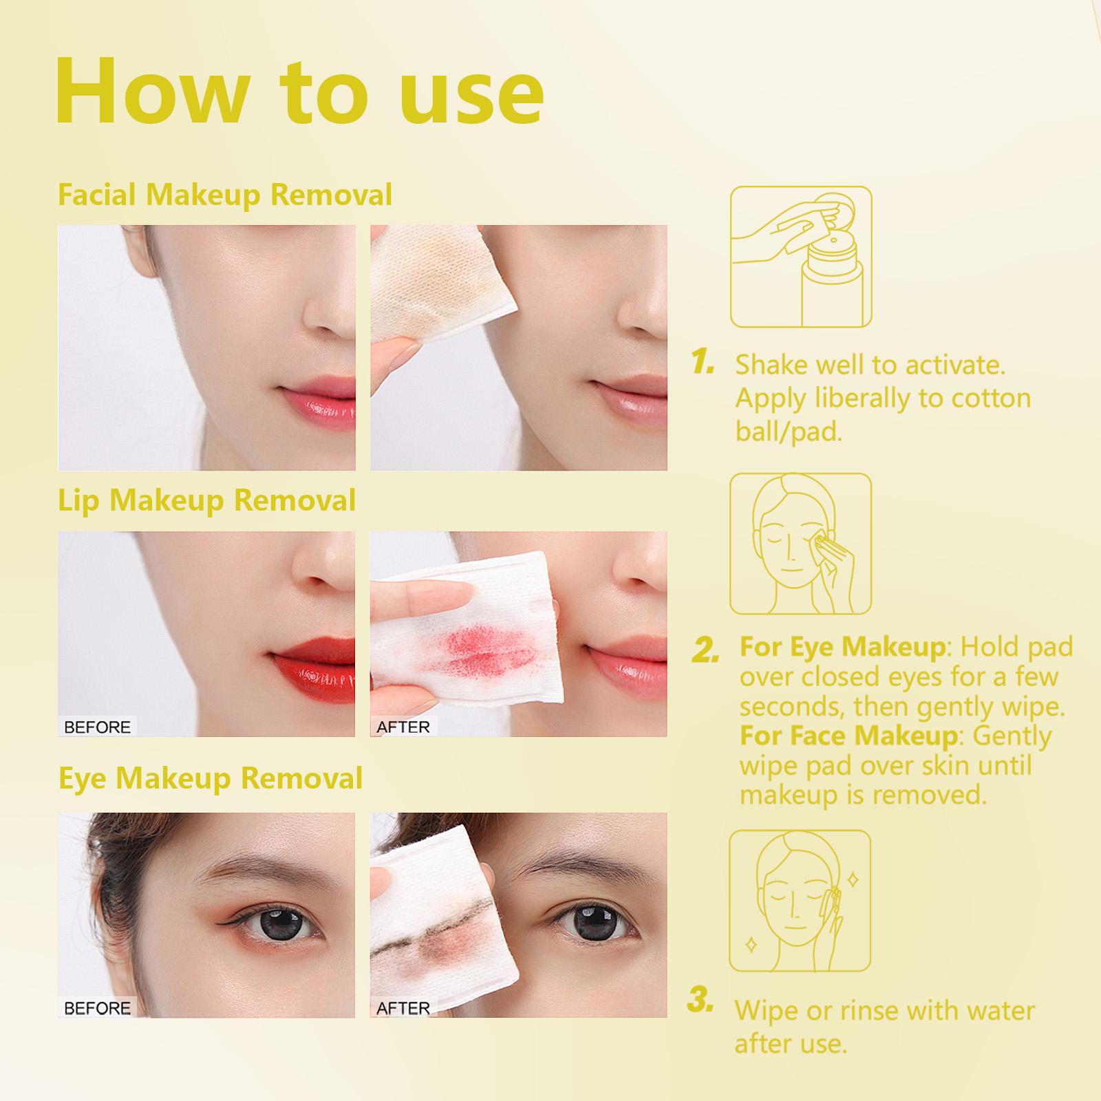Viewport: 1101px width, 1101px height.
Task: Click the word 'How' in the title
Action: click(151, 93)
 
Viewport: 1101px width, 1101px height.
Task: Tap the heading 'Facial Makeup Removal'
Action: click(225, 195)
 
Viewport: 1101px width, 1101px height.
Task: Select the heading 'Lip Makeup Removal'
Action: click(206, 500)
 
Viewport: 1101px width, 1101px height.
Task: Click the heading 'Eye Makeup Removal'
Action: click(210, 778)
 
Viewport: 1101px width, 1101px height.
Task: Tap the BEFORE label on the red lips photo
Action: click(97, 727)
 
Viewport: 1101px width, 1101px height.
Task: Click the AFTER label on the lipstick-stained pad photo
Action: click(403, 727)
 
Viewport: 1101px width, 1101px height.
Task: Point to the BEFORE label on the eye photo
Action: click(97, 1007)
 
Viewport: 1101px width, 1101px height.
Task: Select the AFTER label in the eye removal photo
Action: click(403, 1007)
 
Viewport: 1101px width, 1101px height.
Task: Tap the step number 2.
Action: click(705, 650)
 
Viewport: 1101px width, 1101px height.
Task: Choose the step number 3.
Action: click(701, 999)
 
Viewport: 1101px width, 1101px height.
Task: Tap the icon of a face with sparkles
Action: click(800, 901)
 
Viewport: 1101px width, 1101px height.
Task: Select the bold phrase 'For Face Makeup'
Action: click(848, 736)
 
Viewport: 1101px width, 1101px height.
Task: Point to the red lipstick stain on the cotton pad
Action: click(482, 650)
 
